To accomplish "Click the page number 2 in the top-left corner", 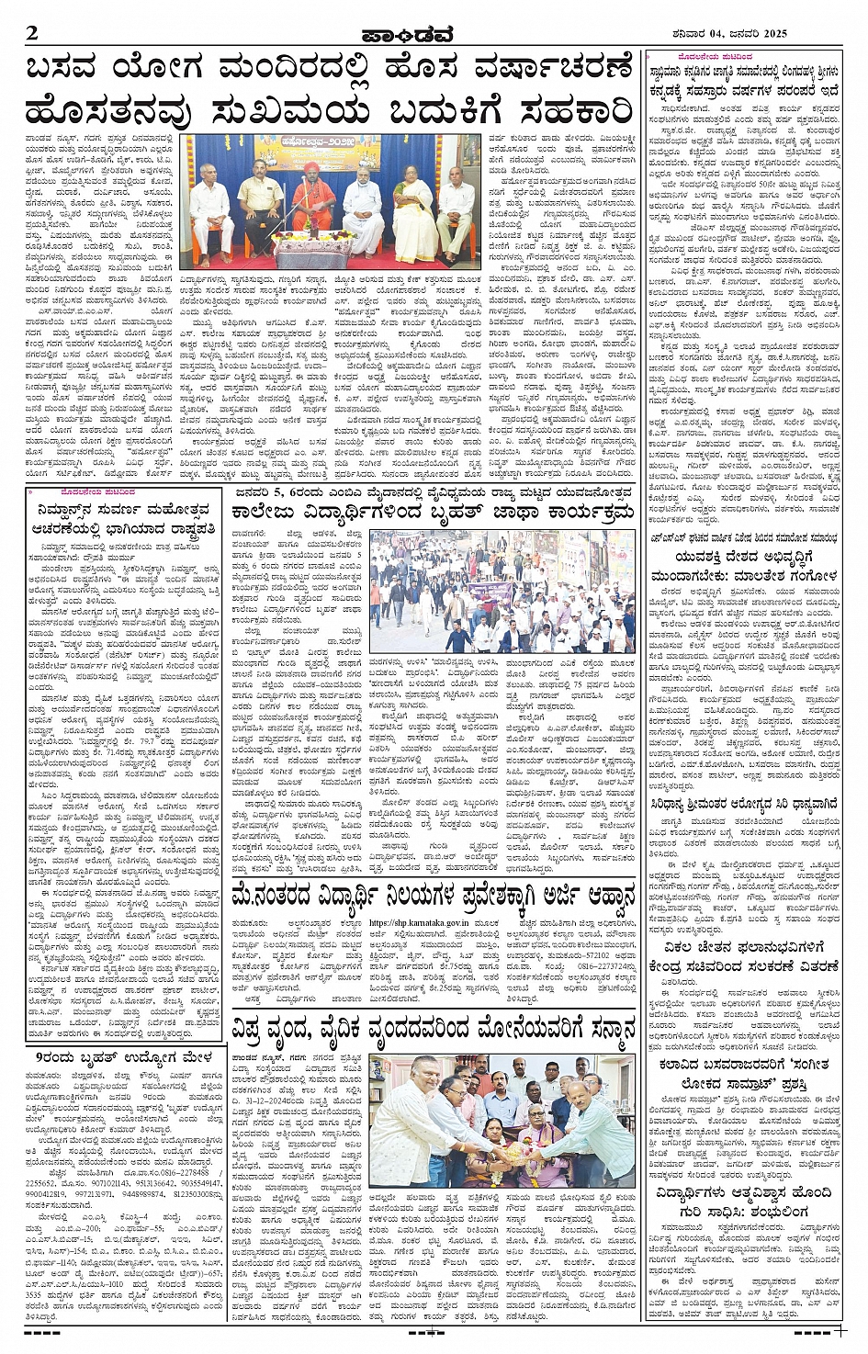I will click(33, 34).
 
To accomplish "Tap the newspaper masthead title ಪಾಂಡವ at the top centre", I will click(419, 35).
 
